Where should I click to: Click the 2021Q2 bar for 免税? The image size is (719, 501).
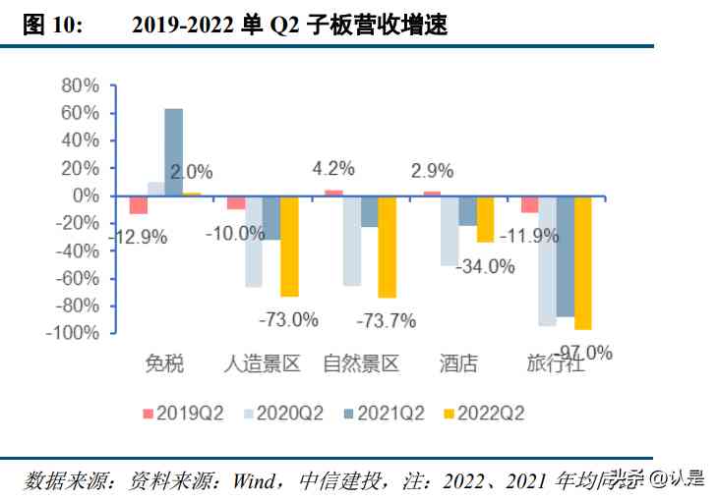coord(174,152)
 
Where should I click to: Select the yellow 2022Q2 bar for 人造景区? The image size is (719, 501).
coord(289,246)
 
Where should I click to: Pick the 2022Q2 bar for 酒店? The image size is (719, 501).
coord(485,219)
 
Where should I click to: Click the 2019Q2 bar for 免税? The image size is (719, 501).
coord(139,204)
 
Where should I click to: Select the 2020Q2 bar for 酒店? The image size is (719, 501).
coord(449,231)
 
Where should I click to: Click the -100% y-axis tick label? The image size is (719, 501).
coord(75,333)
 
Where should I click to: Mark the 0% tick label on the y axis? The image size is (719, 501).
coord(86,195)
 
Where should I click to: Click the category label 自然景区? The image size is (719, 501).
coord(361,364)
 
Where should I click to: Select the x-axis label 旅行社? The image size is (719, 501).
coord(556,364)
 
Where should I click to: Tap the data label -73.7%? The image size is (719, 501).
coord(387,320)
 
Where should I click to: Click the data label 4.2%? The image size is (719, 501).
coord(334,169)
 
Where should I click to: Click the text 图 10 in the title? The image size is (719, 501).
coord(53,26)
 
